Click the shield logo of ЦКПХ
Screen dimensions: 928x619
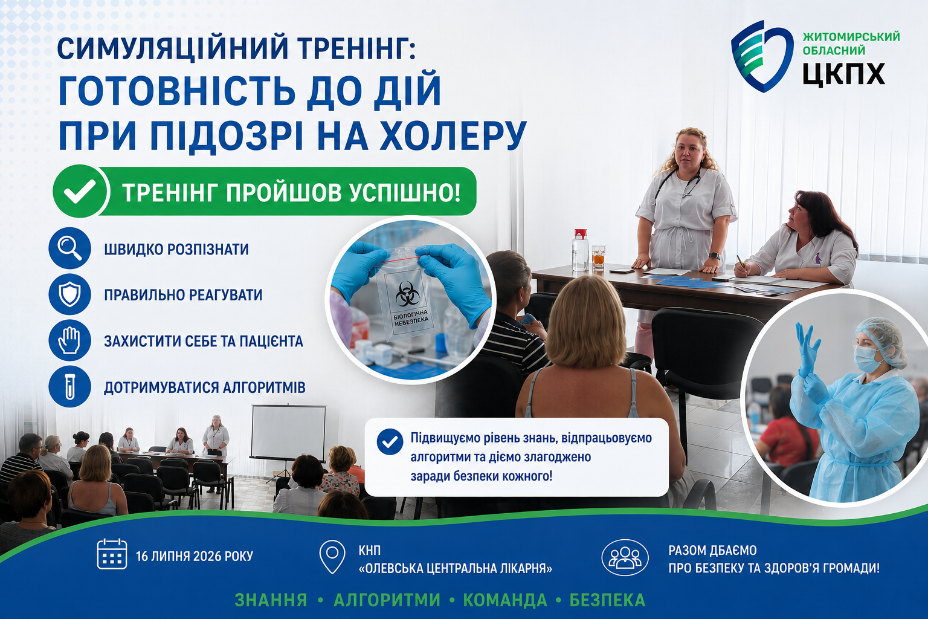(x=761, y=56)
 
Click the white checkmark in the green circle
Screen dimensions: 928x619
(x=80, y=191)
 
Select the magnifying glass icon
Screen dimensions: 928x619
(x=69, y=248)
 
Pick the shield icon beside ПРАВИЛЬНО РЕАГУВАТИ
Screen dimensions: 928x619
(x=69, y=294)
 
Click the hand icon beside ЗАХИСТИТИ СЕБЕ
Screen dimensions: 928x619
(x=69, y=340)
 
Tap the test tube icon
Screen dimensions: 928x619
(x=69, y=386)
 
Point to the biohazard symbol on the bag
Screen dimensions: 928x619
(x=408, y=294)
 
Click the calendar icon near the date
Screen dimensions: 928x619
(x=112, y=554)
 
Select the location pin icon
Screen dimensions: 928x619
(x=332, y=556)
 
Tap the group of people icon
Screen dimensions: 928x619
(x=625, y=557)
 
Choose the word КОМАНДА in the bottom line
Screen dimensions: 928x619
(x=505, y=600)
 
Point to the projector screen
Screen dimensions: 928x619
(x=288, y=432)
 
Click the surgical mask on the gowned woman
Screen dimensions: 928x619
(x=867, y=358)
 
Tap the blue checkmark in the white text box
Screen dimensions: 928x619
(x=390, y=441)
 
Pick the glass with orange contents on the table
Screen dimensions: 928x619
(x=598, y=257)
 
